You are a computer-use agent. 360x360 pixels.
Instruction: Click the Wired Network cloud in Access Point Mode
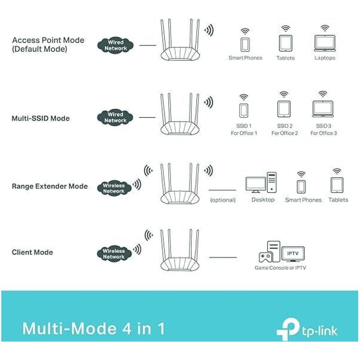tap(116, 45)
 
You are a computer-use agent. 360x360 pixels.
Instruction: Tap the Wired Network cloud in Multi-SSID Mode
tap(115, 117)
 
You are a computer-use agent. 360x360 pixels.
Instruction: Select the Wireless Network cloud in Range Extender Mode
tap(114, 188)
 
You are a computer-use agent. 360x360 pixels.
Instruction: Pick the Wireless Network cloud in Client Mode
tap(114, 254)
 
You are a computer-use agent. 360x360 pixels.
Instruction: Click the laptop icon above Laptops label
tap(325, 43)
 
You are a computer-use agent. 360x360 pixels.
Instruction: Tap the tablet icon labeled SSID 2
tap(284, 109)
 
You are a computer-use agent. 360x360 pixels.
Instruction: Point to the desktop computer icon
tap(261, 183)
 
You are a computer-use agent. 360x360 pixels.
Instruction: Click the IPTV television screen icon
tap(293, 254)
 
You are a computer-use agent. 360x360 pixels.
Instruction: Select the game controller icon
tap(265, 257)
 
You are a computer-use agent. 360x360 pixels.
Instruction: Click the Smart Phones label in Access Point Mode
tap(245, 58)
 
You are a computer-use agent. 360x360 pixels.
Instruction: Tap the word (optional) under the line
tap(223, 200)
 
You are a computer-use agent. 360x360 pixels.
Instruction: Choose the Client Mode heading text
tap(32, 252)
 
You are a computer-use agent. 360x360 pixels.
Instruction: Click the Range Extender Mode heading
tap(50, 186)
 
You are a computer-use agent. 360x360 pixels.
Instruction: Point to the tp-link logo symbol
tap(288, 329)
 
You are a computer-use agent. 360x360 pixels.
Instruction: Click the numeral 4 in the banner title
tap(127, 329)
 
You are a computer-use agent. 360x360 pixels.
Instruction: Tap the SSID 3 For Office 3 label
tap(324, 130)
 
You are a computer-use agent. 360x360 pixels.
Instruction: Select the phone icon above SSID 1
tap(243, 110)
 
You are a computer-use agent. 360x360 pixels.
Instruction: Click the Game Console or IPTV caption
tap(280, 268)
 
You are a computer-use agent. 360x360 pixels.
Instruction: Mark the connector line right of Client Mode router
tap(223, 257)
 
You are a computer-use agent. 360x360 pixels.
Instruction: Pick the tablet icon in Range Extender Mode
tap(337, 185)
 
